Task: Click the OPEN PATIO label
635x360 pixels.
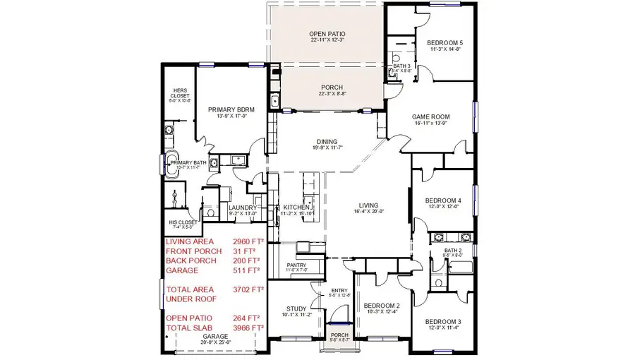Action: tap(325, 33)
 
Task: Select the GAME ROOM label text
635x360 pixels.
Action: tap(430, 116)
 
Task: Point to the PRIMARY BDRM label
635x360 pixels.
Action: tap(231, 110)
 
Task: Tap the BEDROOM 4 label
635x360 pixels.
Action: tap(442, 200)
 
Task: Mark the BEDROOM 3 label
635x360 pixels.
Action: tap(442, 321)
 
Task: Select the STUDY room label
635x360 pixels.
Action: tap(296, 308)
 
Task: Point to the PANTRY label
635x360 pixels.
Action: tap(296, 265)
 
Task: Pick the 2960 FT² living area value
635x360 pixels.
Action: tap(248, 241)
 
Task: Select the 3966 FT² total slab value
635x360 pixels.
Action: tap(248, 328)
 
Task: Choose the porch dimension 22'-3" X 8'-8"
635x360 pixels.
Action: tap(325, 94)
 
